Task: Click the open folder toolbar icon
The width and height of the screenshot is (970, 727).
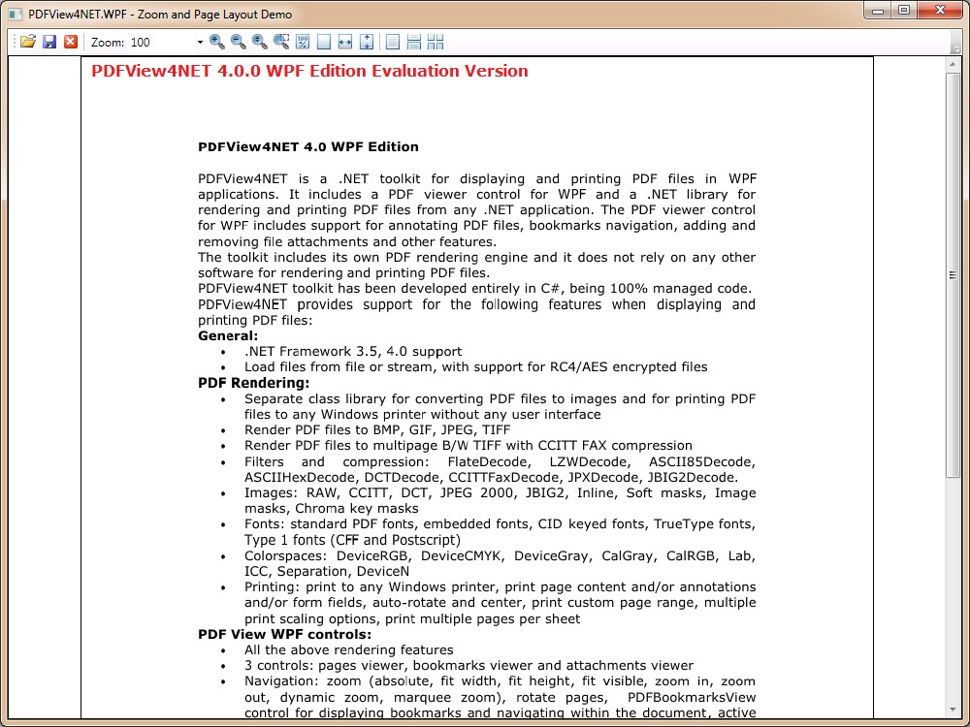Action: tap(28, 42)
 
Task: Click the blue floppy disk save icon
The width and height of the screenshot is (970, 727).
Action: tap(49, 42)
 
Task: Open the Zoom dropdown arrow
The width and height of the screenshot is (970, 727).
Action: tap(200, 42)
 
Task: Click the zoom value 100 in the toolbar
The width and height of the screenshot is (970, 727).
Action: tap(141, 42)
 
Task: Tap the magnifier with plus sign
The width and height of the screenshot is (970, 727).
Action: tap(216, 42)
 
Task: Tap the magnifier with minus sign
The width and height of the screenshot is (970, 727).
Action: tap(238, 42)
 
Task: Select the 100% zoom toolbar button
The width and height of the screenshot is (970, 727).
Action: tap(303, 42)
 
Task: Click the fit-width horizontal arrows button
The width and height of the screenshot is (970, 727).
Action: tap(345, 42)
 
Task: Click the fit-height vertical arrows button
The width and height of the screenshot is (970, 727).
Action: tap(367, 42)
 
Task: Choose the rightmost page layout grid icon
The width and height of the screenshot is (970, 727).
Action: tap(436, 42)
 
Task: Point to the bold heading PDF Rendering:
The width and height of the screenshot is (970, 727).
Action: tap(254, 383)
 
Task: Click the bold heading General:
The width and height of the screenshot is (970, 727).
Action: tap(228, 336)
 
